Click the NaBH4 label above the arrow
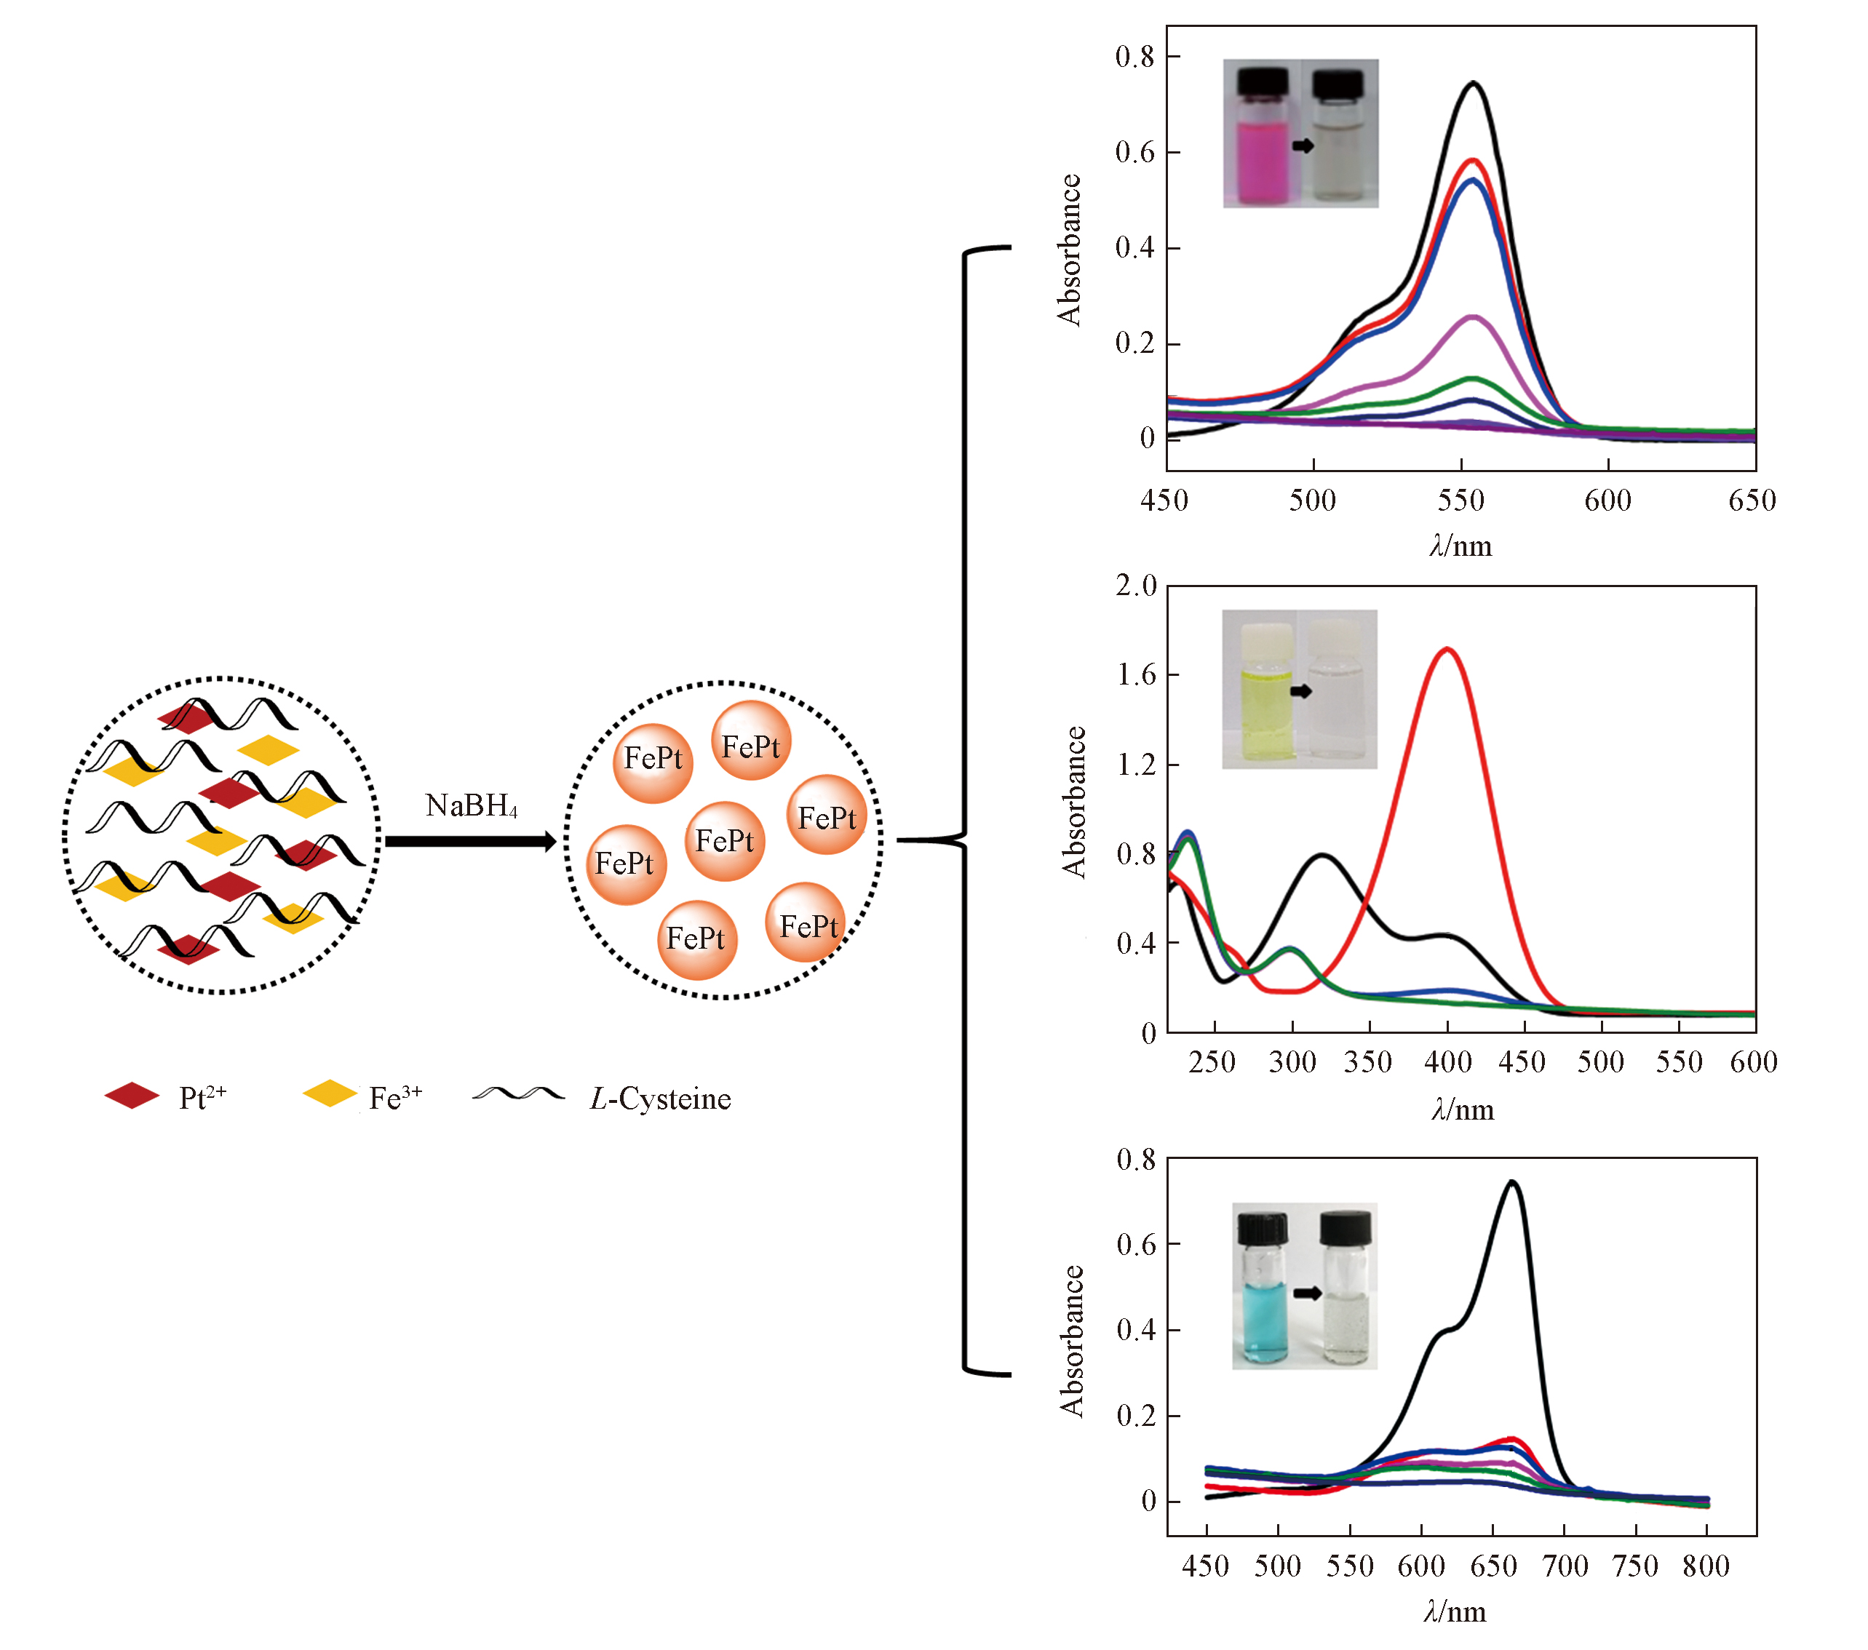[472, 806]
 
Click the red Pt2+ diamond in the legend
[132, 1096]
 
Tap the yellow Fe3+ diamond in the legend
[329, 1093]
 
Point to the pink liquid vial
[1262, 137]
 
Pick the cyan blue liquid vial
[1264, 1297]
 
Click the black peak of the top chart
[1473, 84]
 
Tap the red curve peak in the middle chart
[1447, 650]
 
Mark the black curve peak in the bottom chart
[1512, 1182]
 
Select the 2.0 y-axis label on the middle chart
[1135, 586]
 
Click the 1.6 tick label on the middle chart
[1135, 675]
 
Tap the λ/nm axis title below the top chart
[1460, 546]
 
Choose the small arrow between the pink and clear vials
[1303, 146]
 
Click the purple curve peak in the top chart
[1473, 317]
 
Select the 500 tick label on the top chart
[1312, 501]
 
